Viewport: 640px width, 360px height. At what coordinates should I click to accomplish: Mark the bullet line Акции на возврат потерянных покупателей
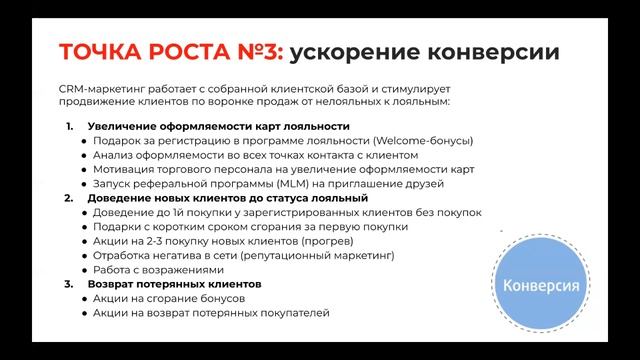coord(211,313)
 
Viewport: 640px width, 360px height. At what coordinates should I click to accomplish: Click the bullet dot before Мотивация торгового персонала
coord(85,170)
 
